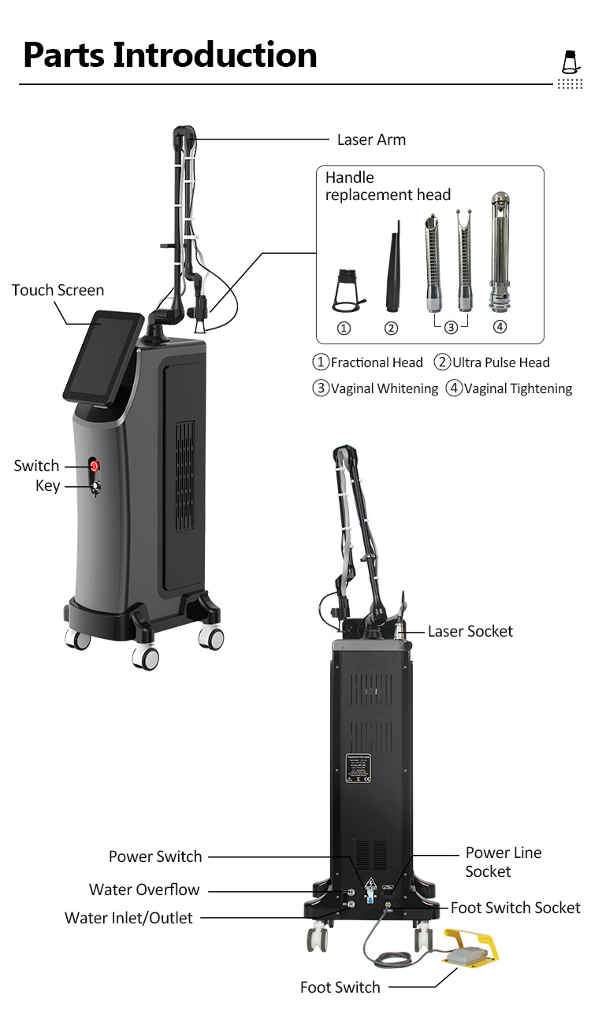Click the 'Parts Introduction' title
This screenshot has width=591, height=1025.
coord(169,55)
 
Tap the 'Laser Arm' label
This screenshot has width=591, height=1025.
coord(371,139)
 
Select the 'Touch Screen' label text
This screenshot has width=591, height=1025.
coord(58,290)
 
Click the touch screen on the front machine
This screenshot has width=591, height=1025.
coord(103,355)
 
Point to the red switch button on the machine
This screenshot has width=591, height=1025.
coord(95,466)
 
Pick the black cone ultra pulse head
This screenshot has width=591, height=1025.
coord(392,268)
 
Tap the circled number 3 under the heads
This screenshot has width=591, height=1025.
coord(451,327)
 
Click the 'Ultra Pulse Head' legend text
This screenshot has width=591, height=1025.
coord(500,362)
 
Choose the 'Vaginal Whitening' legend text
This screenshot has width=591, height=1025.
coord(384,388)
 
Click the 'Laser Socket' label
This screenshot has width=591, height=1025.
coord(470,631)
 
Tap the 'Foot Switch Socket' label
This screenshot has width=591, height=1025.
coord(515,908)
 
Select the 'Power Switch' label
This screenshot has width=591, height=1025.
coord(155,856)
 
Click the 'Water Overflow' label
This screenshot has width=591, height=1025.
coord(144,889)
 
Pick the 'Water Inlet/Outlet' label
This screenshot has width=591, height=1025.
coord(128,918)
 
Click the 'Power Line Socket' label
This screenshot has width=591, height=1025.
coord(503,862)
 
